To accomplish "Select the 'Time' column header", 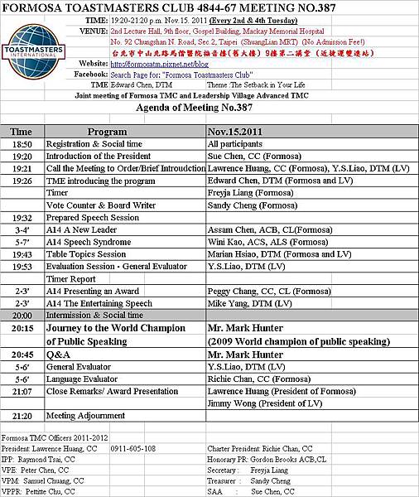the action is click(21, 132).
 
